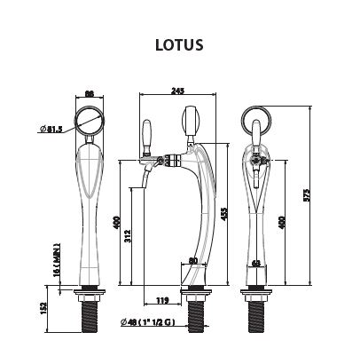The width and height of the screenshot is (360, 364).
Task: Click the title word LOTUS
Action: pos(180,44)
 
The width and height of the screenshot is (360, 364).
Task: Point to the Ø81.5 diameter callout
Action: pos(52,130)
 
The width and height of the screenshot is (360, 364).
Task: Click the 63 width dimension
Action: pos(255,263)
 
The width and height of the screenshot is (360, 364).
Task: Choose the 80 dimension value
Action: pos(195,261)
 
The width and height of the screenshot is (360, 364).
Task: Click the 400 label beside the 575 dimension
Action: pos(283,221)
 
